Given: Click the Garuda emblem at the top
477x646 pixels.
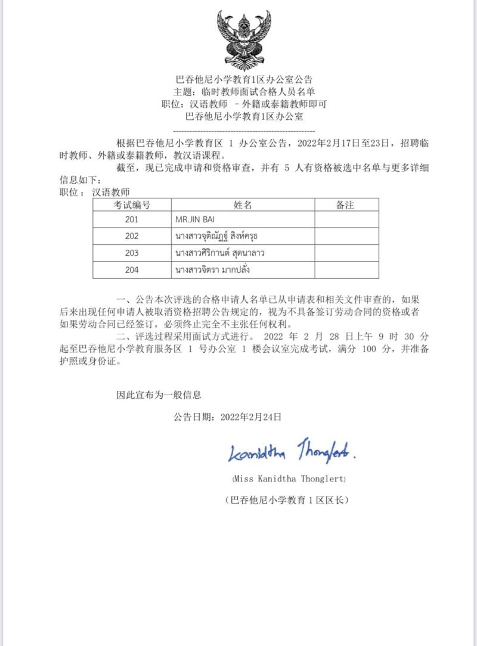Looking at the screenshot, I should pos(243,41).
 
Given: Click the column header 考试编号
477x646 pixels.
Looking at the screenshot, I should pos(132,205).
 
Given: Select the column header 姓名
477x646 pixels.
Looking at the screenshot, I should pos(243,205).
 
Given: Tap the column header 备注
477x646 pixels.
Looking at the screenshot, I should pos(346,205).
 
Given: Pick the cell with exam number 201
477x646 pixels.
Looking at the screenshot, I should pos(132,220).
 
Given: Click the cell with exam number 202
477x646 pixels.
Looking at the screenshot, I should pos(132,236).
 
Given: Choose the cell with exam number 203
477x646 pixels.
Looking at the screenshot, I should pos(132,253).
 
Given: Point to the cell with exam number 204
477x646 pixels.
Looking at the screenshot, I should pos(132,269).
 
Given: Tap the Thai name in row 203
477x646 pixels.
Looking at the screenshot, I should pos(219,253).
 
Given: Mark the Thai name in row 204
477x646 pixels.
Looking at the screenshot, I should pos(212,269).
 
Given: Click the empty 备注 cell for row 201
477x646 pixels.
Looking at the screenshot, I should pos(346,220).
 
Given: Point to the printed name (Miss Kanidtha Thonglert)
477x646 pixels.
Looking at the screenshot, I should pos(289,479).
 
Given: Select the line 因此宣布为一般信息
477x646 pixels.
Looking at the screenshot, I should pos(159,395).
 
